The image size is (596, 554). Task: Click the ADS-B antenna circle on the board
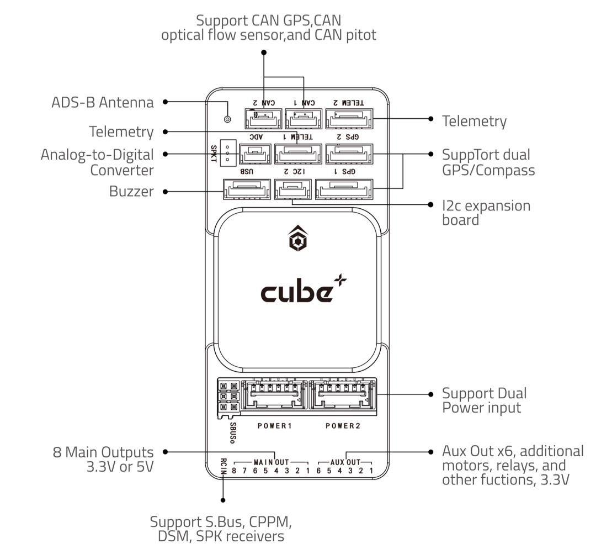(227, 119)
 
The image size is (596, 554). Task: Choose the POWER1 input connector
(274, 396)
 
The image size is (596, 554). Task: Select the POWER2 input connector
(342, 396)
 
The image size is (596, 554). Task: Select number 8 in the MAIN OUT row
(235, 471)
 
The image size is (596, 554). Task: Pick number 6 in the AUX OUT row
(320, 471)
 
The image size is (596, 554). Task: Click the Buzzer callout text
(131, 192)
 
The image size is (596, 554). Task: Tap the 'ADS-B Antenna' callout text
(102, 102)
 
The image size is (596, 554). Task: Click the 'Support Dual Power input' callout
(484, 400)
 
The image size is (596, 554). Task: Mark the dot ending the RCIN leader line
(223, 501)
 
